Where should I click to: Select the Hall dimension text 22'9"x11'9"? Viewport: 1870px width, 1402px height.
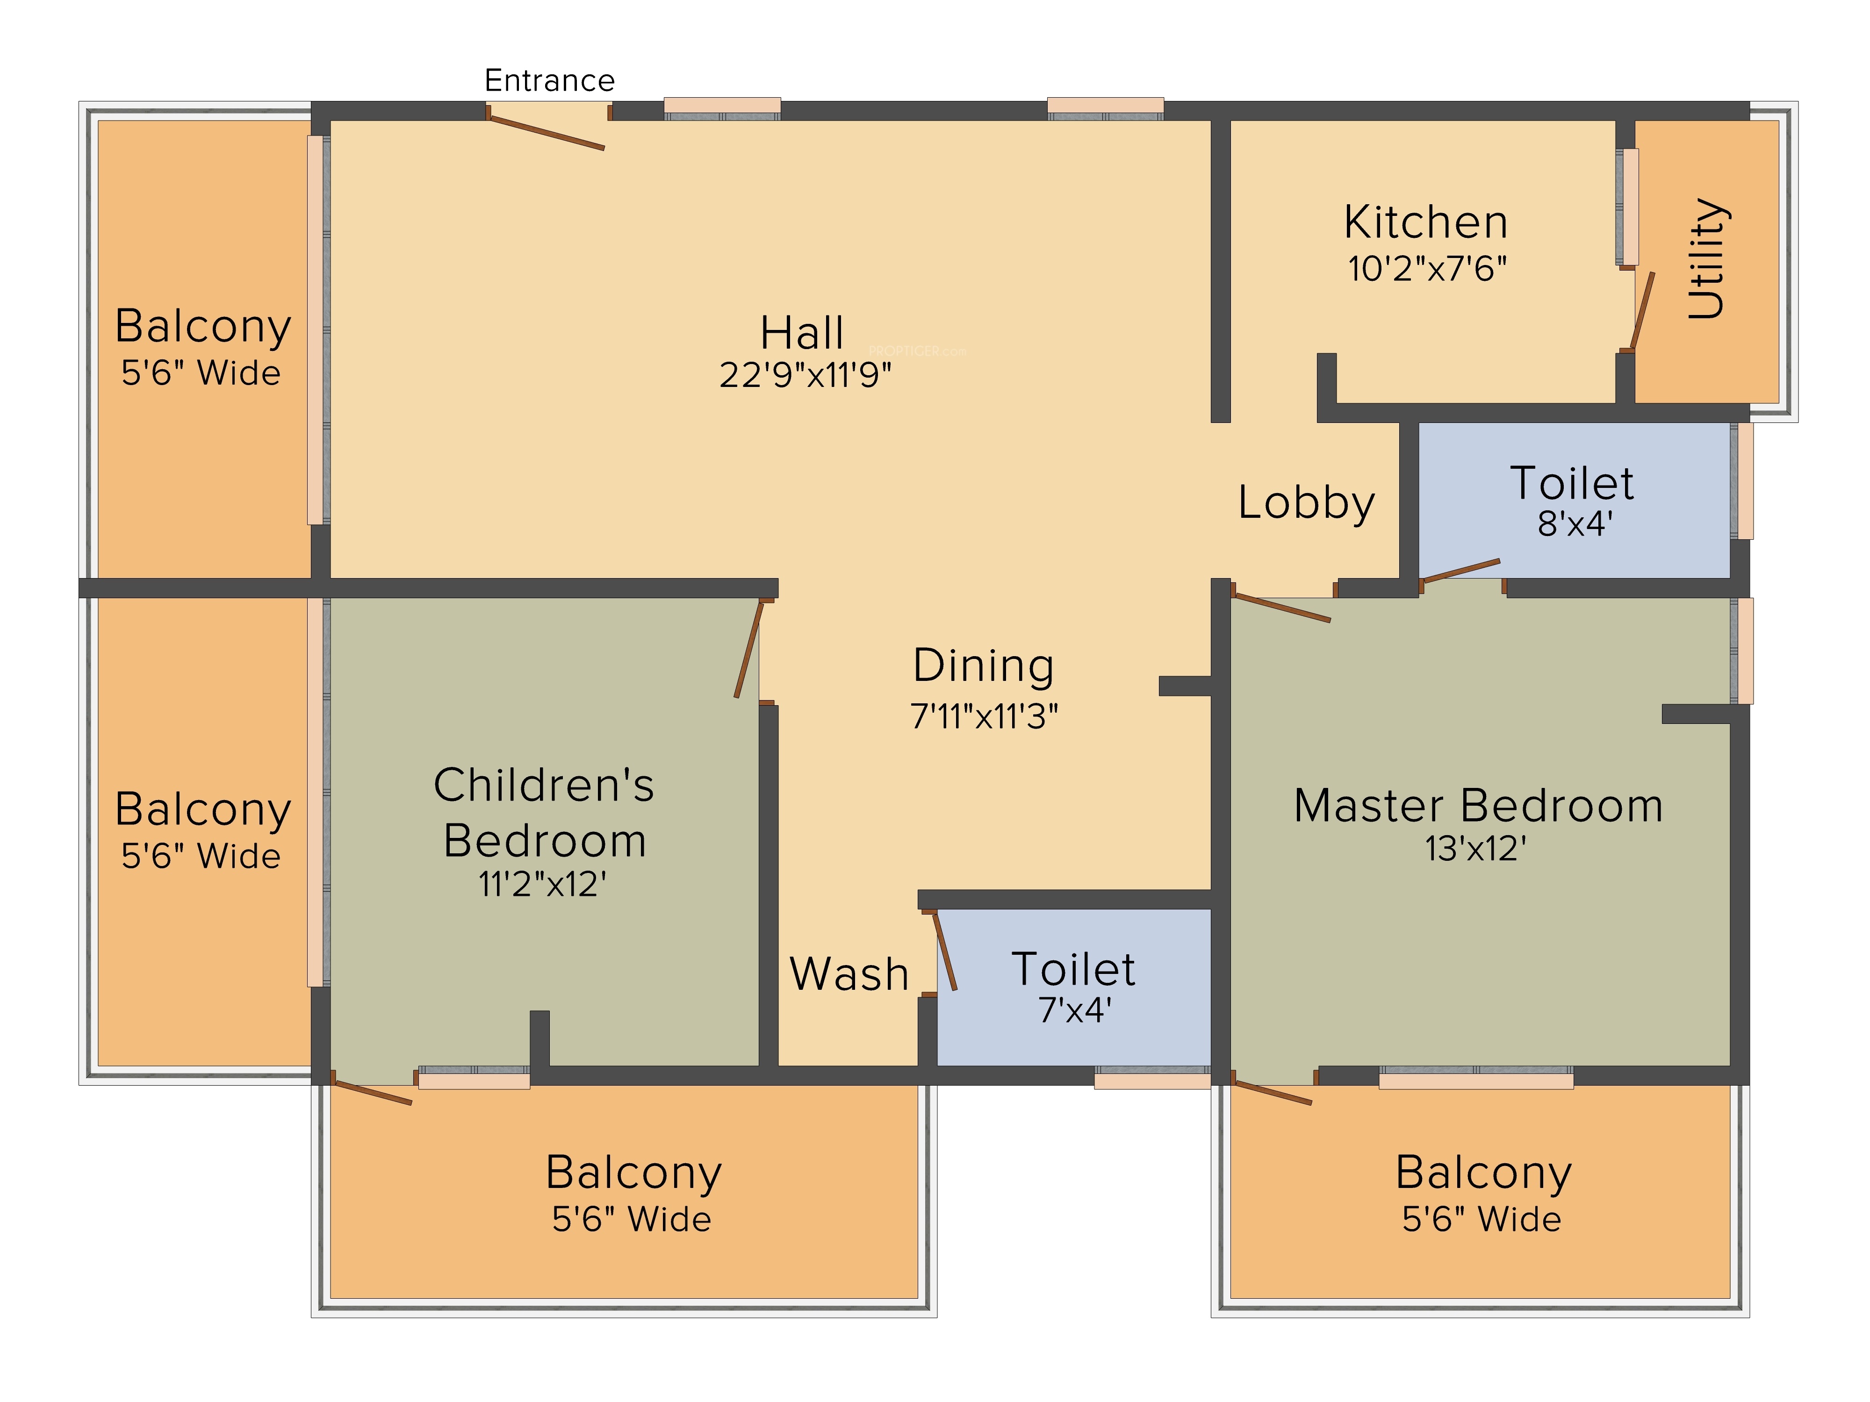pos(805,375)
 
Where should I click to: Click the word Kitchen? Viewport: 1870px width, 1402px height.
pos(1425,222)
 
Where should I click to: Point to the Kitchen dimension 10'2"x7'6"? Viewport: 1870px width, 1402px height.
pos(1427,269)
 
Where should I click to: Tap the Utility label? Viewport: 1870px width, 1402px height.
pos(1706,258)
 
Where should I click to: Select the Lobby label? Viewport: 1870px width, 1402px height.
pos(1306,503)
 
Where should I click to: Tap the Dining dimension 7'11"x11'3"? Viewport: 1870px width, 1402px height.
pos(984,716)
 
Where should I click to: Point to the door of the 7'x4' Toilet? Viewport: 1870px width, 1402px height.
pos(945,951)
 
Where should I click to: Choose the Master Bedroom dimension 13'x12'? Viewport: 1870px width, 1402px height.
pos(1475,849)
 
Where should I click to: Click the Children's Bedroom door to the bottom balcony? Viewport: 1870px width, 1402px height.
pos(372,1092)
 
